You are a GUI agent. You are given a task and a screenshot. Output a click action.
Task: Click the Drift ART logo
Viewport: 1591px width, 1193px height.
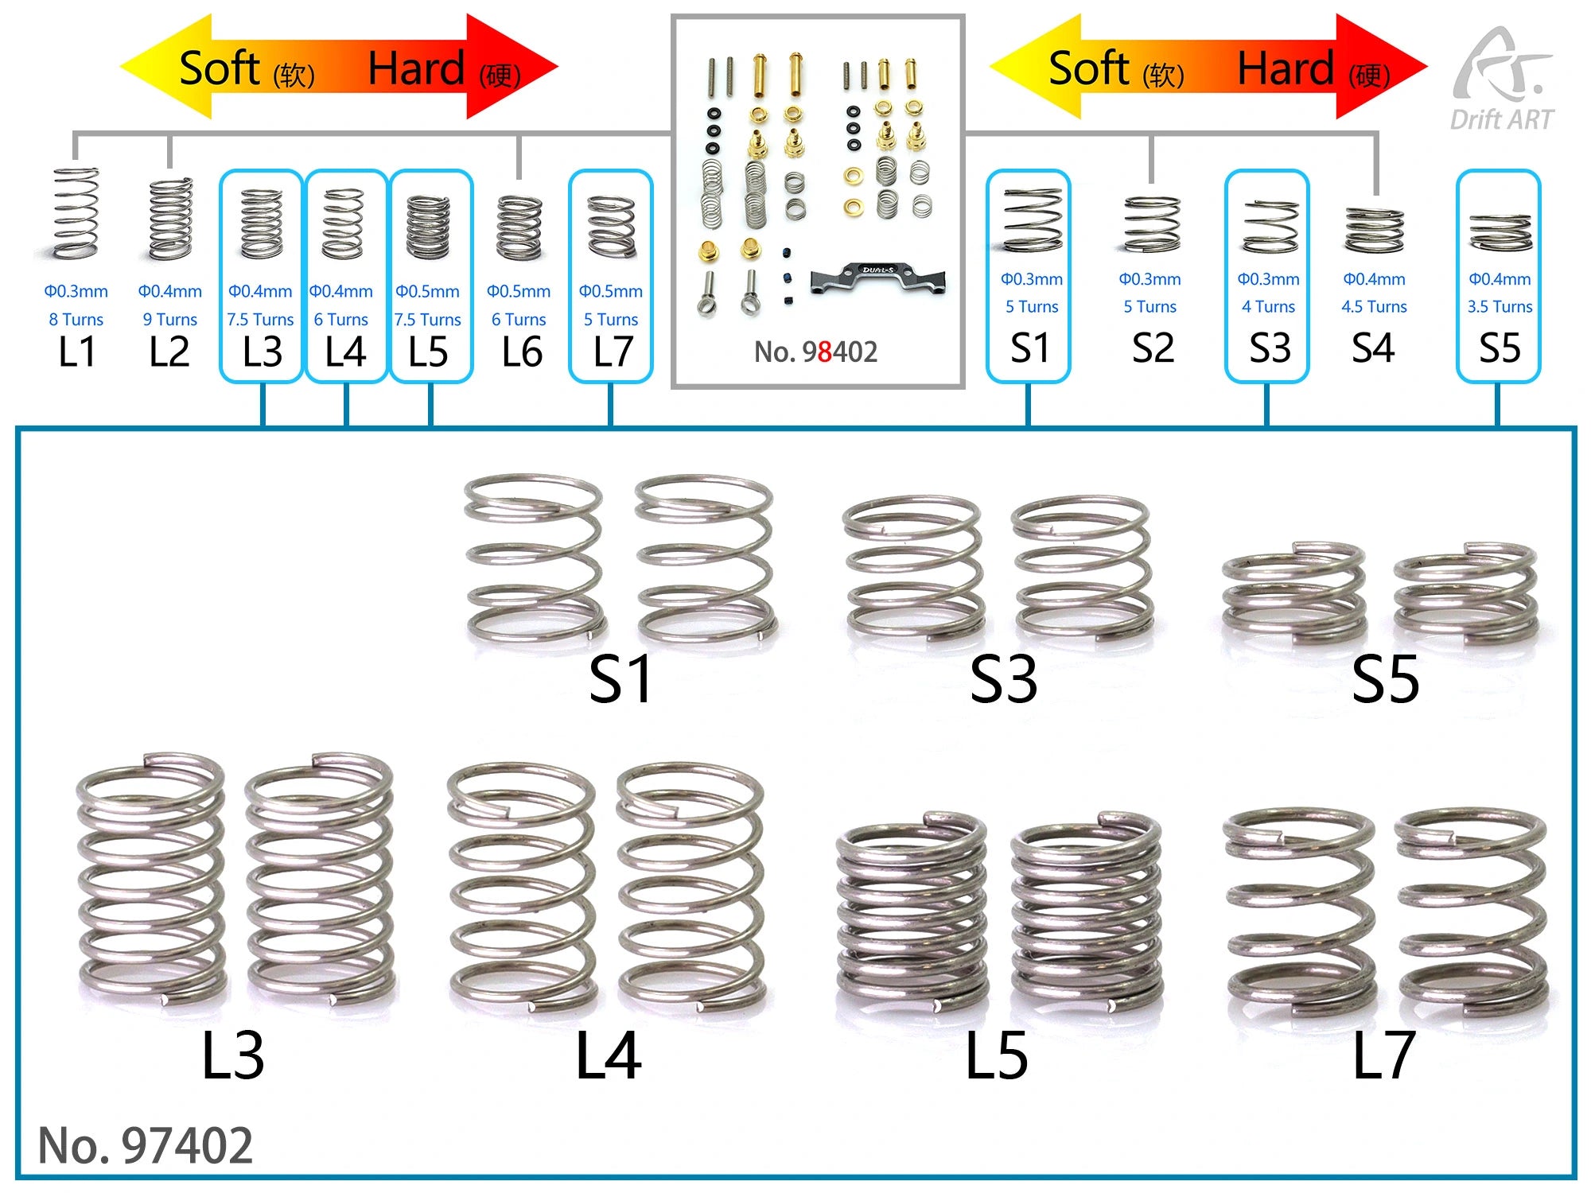[x=1501, y=80]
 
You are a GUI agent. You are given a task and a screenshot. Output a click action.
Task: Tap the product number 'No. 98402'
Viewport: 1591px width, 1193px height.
[x=815, y=352]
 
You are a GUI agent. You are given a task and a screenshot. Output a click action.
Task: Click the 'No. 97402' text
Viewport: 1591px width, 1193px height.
[x=146, y=1145]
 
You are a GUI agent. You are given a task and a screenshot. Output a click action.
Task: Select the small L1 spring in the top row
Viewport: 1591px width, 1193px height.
[x=76, y=213]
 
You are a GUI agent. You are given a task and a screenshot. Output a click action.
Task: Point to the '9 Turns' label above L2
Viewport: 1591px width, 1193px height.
[x=169, y=320]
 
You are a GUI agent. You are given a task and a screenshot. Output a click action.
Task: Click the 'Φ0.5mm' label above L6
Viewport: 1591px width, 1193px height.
[x=519, y=292]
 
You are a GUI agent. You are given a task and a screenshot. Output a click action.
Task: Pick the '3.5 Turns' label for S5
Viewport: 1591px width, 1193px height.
[x=1500, y=307]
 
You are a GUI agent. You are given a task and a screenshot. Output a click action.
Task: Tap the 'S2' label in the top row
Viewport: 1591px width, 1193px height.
[x=1153, y=348]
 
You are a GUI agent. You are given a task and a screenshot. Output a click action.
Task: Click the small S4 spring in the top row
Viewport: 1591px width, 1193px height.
[x=1374, y=230]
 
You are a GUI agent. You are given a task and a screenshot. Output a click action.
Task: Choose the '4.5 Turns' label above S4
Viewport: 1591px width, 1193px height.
[x=1374, y=307]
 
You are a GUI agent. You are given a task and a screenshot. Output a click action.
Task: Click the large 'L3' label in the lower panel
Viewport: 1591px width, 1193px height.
[x=232, y=1056]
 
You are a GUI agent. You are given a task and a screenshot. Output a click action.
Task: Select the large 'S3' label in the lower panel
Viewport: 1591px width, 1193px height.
[x=1003, y=679]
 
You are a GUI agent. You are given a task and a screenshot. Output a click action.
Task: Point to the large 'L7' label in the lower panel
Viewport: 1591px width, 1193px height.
[x=1383, y=1055]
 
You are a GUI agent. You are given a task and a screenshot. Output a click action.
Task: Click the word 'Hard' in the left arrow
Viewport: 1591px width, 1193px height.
[x=416, y=68]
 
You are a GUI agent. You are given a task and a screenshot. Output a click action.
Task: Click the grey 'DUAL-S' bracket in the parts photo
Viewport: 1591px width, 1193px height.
[x=878, y=279]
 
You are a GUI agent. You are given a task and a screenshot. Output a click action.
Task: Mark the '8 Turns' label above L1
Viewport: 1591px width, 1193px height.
[x=76, y=320]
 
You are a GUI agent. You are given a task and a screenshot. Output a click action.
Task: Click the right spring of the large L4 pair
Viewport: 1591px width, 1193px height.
[x=690, y=887]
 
